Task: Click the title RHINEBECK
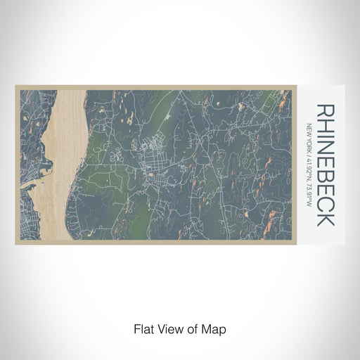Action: tap(325, 165)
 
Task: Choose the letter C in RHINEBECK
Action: tap(325, 202)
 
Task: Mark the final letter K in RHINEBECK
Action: tap(325, 218)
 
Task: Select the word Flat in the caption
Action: tap(144, 328)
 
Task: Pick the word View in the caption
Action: tap(168, 328)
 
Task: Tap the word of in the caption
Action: tap(190, 328)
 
